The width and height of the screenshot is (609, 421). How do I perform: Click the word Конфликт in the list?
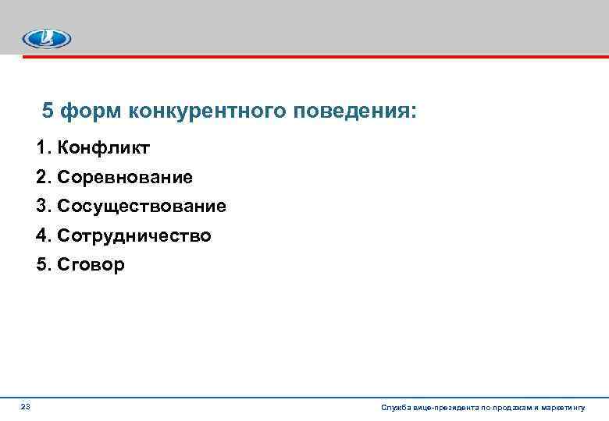[x=98, y=147]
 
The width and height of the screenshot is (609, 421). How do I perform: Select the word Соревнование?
[x=124, y=177]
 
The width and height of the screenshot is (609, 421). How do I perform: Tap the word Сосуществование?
[x=141, y=206]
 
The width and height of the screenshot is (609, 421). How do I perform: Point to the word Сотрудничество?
[x=134, y=235]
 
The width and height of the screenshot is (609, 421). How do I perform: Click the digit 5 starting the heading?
[x=48, y=111]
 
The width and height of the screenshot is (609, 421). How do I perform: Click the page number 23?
[x=26, y=407]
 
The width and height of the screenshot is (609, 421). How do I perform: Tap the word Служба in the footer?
[x=394, y=408]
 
